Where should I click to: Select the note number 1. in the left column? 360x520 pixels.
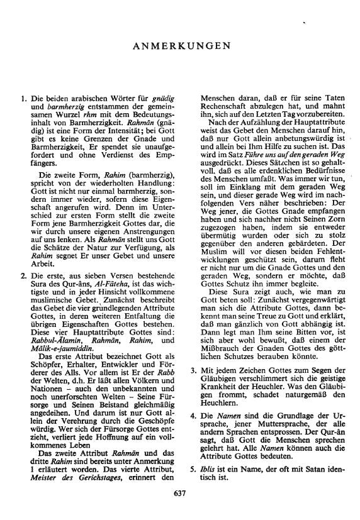[x=23, y=99]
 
